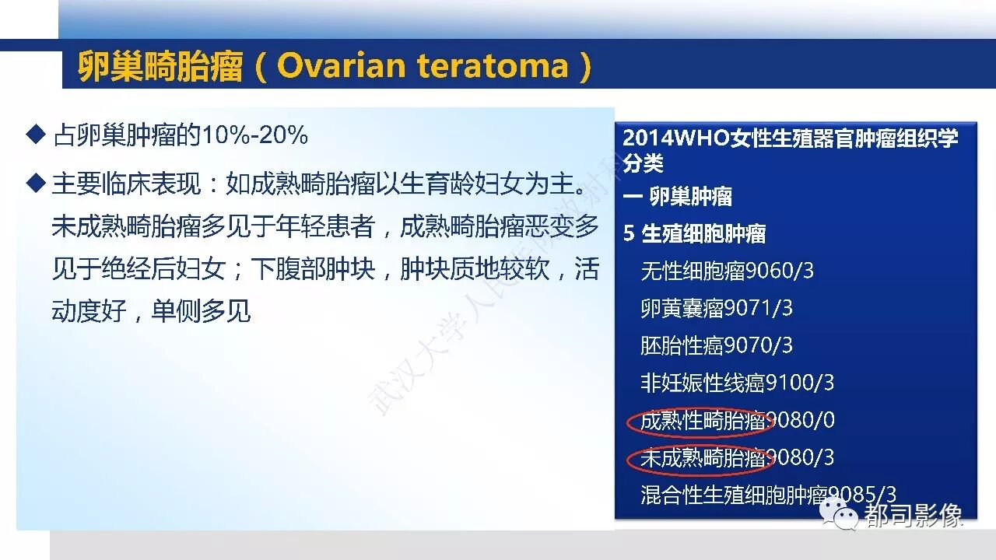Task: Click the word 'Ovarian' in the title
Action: [x=341, y=66]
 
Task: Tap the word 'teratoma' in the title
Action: [x=493, y=67]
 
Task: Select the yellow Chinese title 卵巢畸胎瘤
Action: [x=160, y=67]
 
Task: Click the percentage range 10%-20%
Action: [x=254, y=135]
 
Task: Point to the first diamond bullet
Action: [x=36, y=135]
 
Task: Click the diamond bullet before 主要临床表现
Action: [x=36, y=183]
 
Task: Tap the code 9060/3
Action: [x=779, y=271]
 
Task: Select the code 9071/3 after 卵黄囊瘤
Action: [x=758, y=308]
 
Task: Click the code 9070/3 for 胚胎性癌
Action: [x=758, y=345]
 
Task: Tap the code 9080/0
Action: [x=802, y=420]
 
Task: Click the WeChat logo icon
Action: [x=839, y=514]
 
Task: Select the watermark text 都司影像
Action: [x=914, y=516]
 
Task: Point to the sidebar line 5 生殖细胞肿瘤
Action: [x=694, y=234]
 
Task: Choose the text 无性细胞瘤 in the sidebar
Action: [x=693, y=271]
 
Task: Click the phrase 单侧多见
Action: [x=201, y=311]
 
